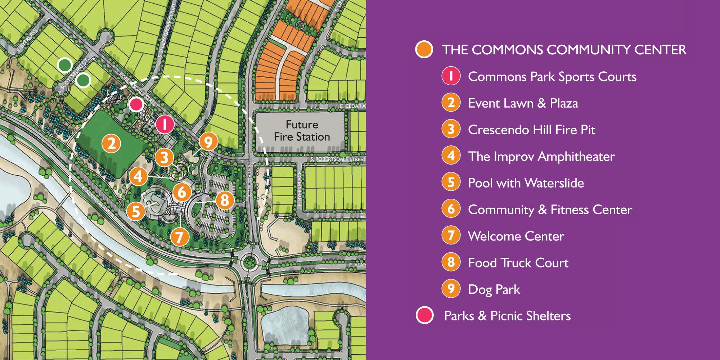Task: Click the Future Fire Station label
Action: tap(302, 131)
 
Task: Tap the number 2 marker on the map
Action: tap(112, 144)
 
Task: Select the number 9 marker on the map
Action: tap(208, 142)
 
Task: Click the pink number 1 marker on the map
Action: tap(165, 124)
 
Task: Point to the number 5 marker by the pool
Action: tap(136, 211)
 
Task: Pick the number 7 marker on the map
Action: tap(179, 237)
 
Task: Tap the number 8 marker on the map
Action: tap(225, 200)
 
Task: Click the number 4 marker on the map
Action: tap(138, 176)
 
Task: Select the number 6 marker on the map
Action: tap(182, 192)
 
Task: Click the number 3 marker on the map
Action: tap(164, 158)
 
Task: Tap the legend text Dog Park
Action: tap(494, 289)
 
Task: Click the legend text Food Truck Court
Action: tap(518, 263)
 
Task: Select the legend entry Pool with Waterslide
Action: tap(526, 183)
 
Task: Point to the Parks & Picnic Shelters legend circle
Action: tap(424, 315)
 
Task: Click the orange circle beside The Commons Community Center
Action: tap(424, 49)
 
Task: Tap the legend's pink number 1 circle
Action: tap(451, 76)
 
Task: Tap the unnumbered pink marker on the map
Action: tap(136, 105)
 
